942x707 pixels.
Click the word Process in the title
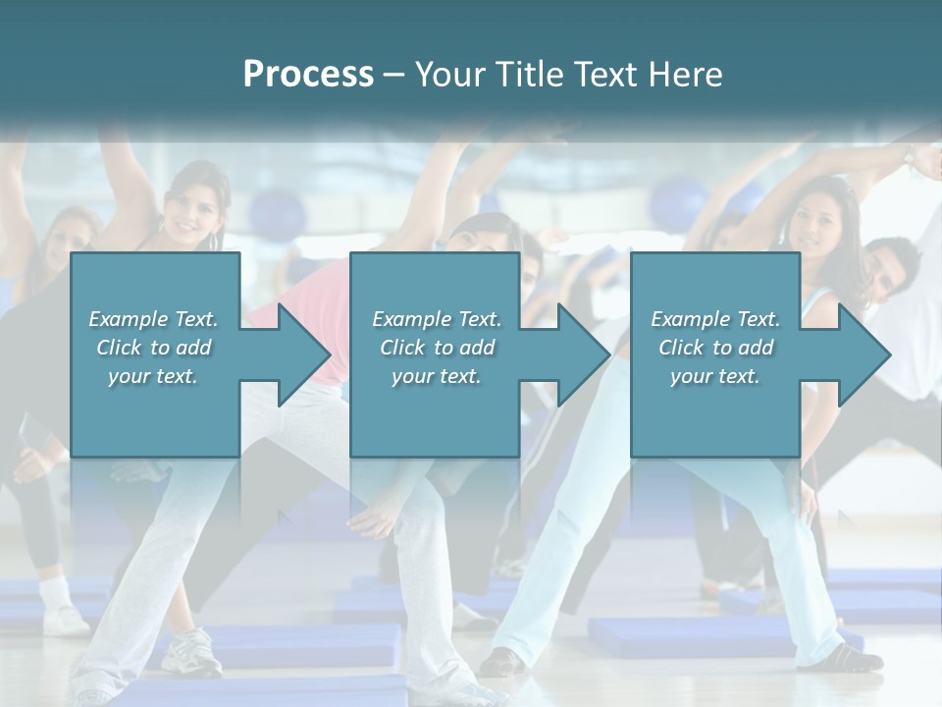[308, 75]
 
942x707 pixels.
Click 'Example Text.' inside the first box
[153, 319]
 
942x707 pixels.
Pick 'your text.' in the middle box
[436, 377]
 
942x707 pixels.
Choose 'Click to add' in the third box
[715, 348]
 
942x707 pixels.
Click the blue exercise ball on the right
[676, 197]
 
